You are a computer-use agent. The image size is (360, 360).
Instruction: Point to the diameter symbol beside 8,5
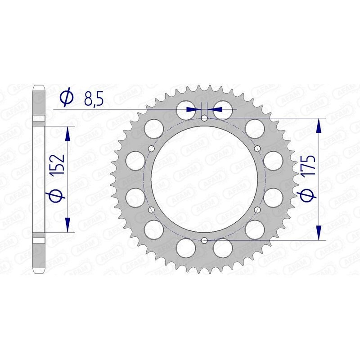tap(66, 98)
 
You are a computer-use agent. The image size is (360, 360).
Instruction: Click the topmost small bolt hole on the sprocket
tap(204, 118)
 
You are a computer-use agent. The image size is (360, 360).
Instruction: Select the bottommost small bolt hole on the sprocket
tap(204, 240)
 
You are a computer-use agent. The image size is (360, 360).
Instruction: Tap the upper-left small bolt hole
tap(151, 149)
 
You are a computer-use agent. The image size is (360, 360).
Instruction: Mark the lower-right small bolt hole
tap(257, 210)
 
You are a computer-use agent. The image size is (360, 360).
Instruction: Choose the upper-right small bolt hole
tap(257, 149)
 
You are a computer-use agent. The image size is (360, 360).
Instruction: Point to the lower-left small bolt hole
tap(151, 210)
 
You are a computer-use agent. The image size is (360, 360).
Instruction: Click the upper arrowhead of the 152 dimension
tap(68, 133)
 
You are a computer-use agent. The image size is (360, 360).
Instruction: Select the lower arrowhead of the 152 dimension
tap(68, 225)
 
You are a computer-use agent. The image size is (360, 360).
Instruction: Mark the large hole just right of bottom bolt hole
tap(223, 247)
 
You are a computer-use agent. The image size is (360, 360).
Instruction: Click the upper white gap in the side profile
tap(39, 117)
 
